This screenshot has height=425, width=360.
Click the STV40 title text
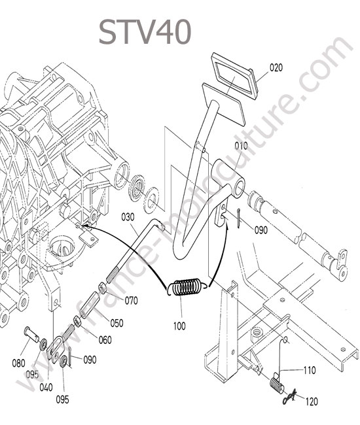pyautogui.click(x=145, y=32)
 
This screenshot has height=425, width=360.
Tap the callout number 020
pyautogui.click(x=276, y=67)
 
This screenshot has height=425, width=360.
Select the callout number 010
pyautogui.click(x=241, y=146)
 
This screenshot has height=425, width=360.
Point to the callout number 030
pyautogui.click(x=128, y=217)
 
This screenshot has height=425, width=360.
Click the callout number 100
pyautogui.click(x=179, y=326)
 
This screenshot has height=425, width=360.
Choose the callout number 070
pyautogui.click(x=132, y=301)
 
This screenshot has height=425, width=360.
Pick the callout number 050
pyautogui.click(x=117, y=323)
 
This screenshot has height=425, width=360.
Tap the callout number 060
pyautogui.click(x=105, y=340)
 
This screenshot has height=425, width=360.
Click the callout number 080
pyautogui.click(x=18, y=363)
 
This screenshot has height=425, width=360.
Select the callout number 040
pyautogui.click(x=46, y=387)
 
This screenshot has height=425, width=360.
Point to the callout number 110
pyautogui.click(x=310, y=370)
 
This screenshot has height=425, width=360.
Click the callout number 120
pyautogui.click(x=312, y=401)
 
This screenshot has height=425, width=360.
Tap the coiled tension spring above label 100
pyautogui.click(x=187, y=288)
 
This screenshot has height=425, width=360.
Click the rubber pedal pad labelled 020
pyautogui.click(x=232, y=76)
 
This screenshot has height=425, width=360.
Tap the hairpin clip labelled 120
pyautogui.click(x=289, y=396)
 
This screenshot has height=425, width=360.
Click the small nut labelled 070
pyautogui.click(x=102, y=288)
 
